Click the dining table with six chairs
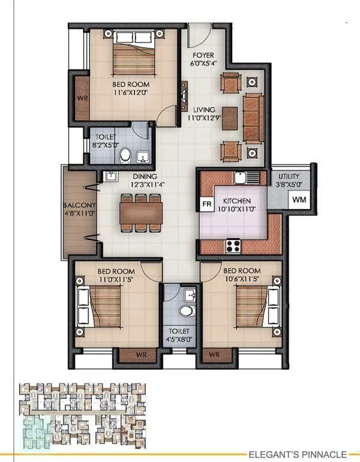click(141, 212)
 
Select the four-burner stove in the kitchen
click(233, 245)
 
